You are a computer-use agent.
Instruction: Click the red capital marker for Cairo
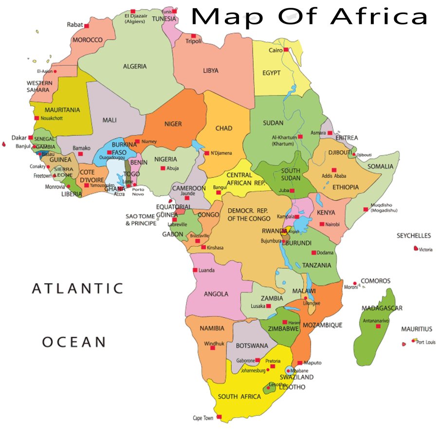pos(286,50)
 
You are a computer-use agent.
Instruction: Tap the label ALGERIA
pos(135,67)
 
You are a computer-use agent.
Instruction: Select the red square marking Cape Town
pos(219,417)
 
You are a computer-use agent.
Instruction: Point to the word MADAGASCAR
pos(382,309)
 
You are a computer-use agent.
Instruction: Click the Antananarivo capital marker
pos(378,326)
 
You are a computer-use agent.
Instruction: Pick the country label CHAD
pos(224,128)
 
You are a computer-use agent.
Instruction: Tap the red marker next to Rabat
pos(87,25)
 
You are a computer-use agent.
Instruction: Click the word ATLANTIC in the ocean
pos(77,289)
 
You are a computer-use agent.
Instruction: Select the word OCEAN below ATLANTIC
pos(73,342)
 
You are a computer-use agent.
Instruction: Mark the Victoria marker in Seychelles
pos(415,249)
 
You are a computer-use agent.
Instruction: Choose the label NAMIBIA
pos(212,328)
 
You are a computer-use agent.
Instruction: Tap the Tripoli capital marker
pos(193,36)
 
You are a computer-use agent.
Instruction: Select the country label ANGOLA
pos(216,294)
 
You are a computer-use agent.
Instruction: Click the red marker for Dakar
pos(31,137)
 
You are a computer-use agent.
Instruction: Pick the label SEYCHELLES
pos(414,236)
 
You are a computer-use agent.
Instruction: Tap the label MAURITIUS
pos(417,329)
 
